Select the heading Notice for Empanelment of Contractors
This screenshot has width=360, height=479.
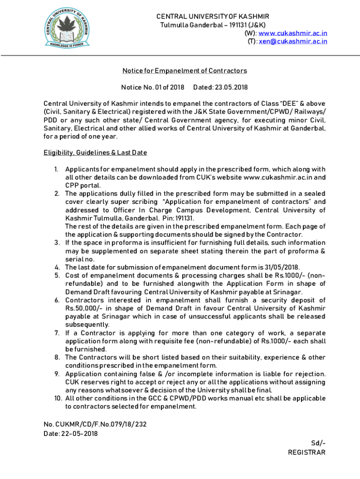tap(184, 71)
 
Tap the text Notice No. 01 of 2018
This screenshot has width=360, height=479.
tap(153, 87)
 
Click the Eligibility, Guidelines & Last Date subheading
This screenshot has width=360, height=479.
tap(96, 152)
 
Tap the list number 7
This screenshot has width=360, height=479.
tap(57, 333)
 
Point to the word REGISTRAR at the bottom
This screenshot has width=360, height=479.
tap(307, 452)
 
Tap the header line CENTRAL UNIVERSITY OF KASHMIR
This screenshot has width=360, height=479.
tap(213, 16)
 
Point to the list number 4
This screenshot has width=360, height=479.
tap(57, 267)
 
